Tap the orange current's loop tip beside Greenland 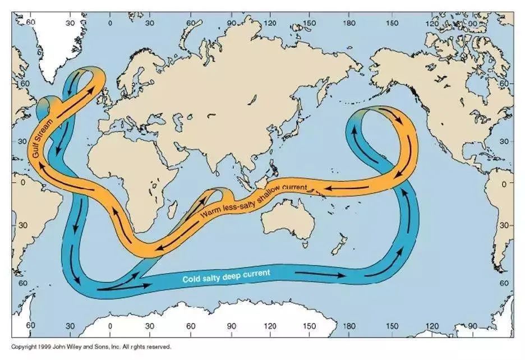[90, 73]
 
